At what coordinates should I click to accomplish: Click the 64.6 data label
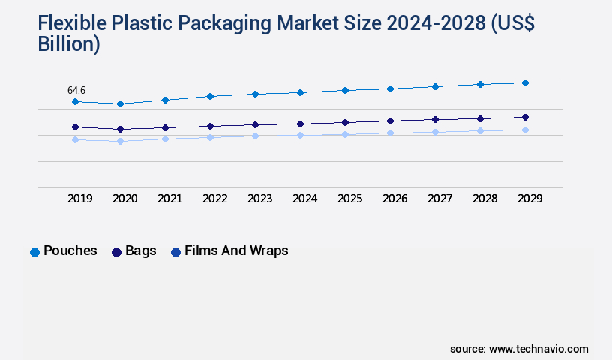coord(76,90)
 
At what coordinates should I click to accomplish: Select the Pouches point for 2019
coord(75,101)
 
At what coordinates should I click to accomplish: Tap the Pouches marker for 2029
coord(525,82)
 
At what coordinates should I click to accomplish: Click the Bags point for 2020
coord(120,129)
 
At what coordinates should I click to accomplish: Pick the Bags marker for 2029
coord(525,117)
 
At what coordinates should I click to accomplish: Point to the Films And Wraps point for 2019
coord(75,139)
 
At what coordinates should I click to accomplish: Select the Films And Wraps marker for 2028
coord(480,130)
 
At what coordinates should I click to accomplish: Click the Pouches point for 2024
coord(300,92)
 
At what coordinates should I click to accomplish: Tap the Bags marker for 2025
coord(345,122)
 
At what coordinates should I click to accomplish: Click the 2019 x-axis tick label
coord(80,199)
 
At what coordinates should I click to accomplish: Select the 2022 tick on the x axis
coord(215,199)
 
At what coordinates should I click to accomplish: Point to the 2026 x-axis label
coord(395,199)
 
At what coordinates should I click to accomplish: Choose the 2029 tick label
coord(530,199)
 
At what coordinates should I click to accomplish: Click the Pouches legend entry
coord(64,251)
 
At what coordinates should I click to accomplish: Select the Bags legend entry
coord(133,251)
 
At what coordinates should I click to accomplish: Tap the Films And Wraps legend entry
coord(229,251)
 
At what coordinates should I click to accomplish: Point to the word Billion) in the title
coord(68,44)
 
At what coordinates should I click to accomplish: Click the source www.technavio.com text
coord(519,349)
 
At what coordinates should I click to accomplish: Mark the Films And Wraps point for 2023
coord(255,136)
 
